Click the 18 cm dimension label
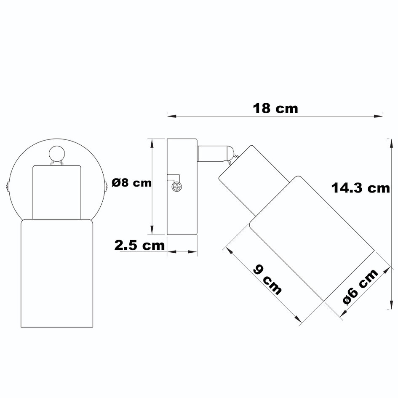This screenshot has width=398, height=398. [275, 108]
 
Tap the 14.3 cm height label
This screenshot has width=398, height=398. [361, 187]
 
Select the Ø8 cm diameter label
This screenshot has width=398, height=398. [132, 183]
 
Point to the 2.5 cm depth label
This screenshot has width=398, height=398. [140, 246]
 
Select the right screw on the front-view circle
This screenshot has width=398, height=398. [105, 185]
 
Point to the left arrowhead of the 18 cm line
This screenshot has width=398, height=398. [169, 114]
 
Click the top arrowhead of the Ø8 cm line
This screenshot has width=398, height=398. [152, 142]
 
